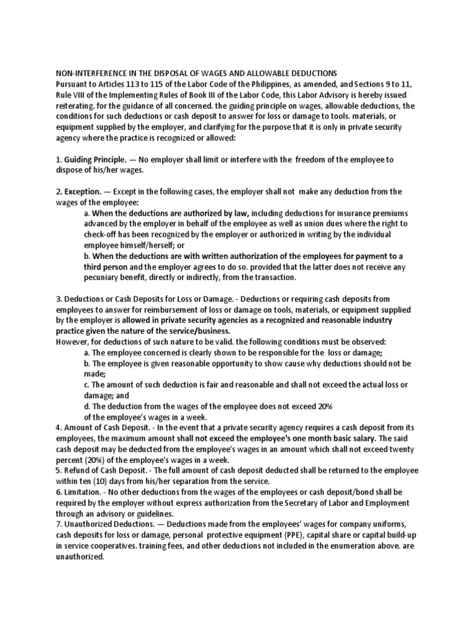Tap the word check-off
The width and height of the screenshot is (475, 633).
pos(103,234)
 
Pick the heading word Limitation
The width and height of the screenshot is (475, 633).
pos(84,492)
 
